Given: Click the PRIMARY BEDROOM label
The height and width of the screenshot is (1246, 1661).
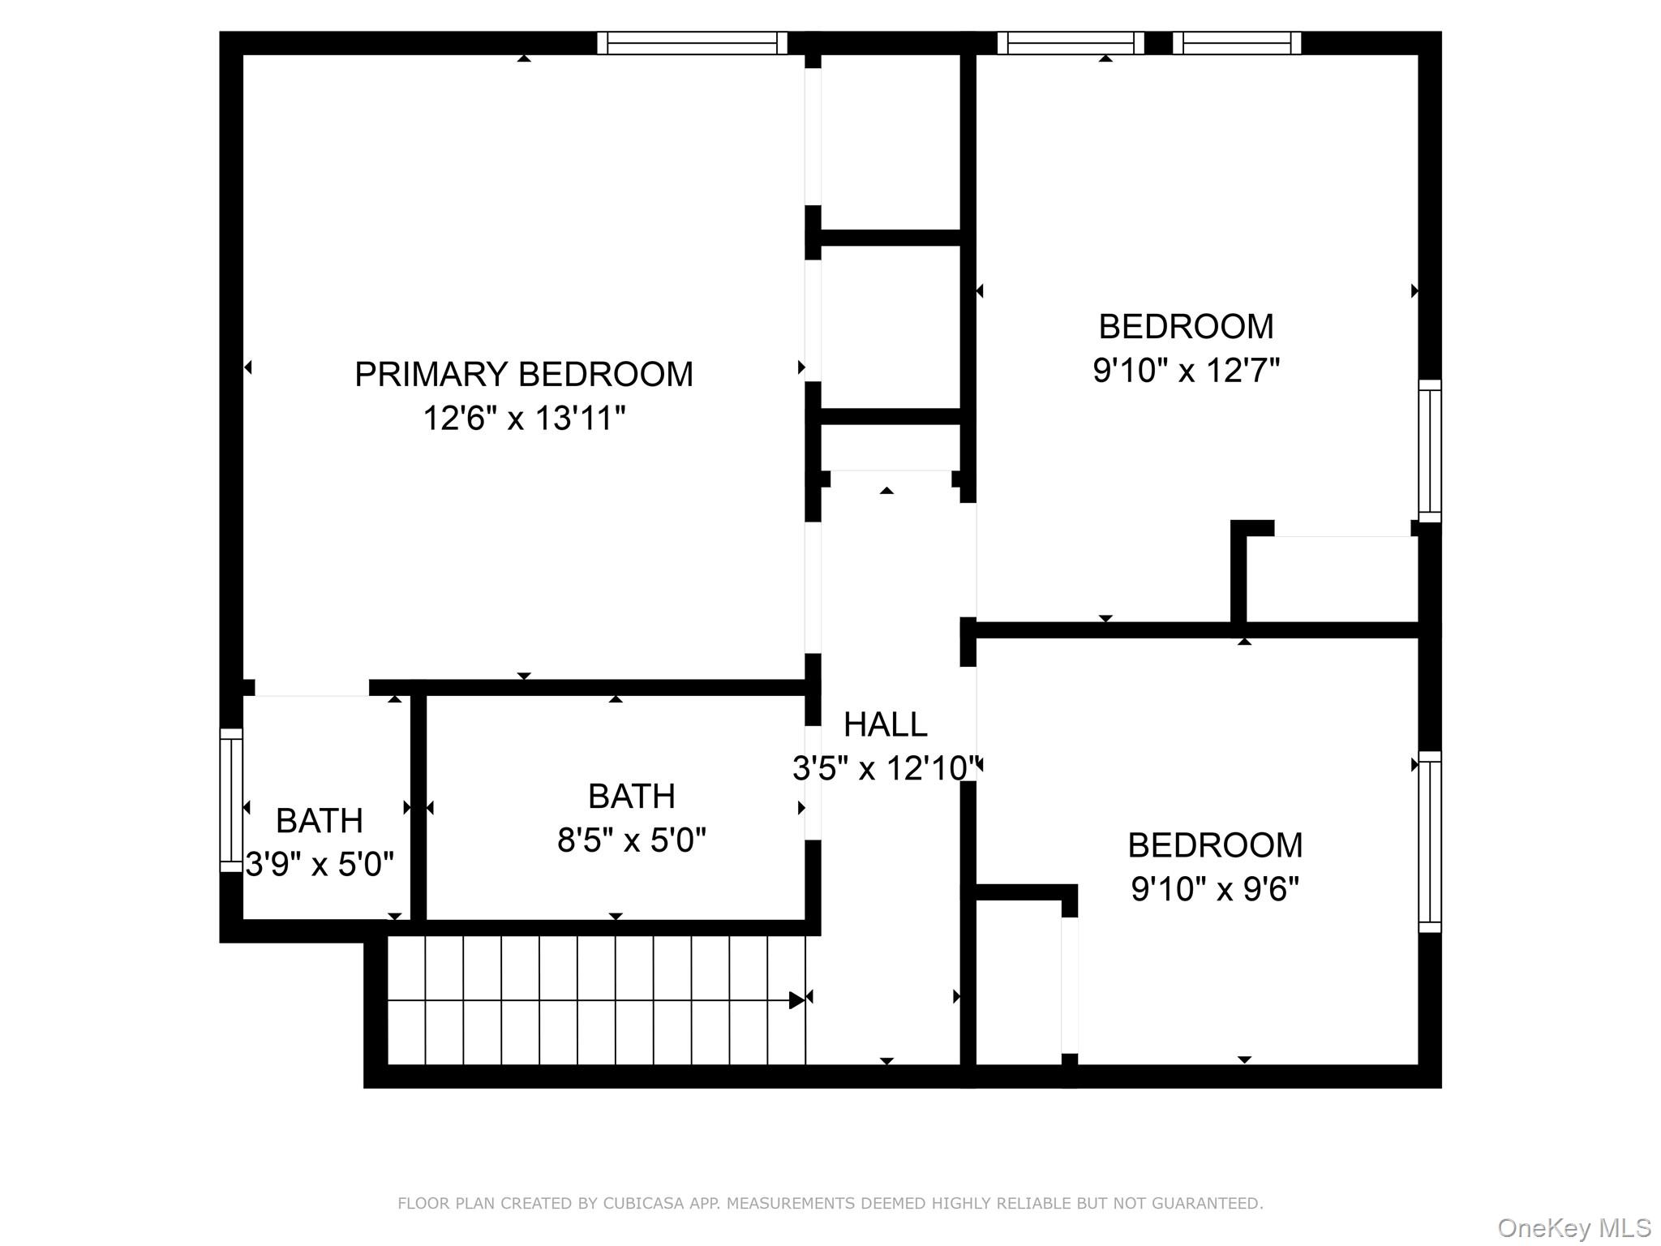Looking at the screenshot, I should pos(524,375).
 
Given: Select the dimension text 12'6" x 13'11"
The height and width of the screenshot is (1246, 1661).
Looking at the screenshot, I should pos(524,419).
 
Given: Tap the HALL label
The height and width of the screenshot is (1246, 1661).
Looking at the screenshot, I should pos(885,724).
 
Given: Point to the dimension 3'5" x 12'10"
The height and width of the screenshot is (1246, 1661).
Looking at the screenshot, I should pos(885,768).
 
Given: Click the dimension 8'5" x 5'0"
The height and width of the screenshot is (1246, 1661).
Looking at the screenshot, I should pos(631,840).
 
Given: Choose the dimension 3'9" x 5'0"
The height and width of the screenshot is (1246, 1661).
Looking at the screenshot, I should pos(320,865).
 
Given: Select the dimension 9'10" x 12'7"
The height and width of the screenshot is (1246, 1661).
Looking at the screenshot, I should pos(1186,371).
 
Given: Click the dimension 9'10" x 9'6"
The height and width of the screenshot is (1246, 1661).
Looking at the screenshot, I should pos(1215,890).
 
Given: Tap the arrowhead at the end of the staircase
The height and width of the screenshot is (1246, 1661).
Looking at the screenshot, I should pos(796,1000).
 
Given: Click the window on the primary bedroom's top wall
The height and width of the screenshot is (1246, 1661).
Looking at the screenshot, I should pos(692,43).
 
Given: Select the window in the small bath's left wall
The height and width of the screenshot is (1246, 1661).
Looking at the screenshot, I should pos(231,800).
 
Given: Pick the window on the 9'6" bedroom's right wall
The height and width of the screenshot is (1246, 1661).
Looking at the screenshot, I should pos(1430,841).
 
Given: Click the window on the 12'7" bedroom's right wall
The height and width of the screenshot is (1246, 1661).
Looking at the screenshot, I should pos(1430,451).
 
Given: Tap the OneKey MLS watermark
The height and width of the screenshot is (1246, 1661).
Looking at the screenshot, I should pos(1573,1227).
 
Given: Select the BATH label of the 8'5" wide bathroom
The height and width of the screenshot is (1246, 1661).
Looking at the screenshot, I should pos(631,797).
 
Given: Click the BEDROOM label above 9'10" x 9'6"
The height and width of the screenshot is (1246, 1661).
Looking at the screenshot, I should pos(1215,845).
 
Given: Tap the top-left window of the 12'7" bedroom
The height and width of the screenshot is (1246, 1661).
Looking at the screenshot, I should pos(1070,43).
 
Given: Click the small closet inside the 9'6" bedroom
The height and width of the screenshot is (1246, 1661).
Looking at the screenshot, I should pos(1019,982).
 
